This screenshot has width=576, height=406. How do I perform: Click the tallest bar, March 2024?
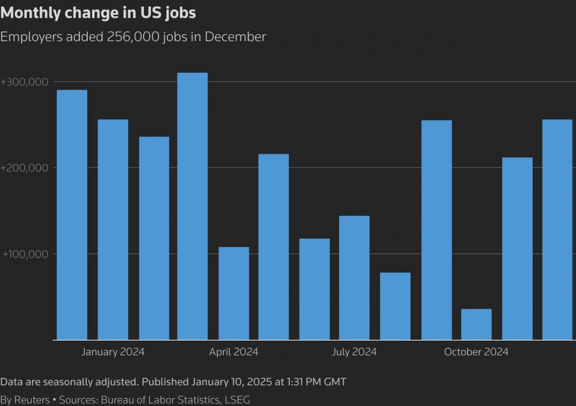tap(192, 207)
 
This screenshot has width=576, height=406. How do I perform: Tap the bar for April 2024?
tap(234, 293)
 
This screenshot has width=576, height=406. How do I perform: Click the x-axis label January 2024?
tap(113, 352)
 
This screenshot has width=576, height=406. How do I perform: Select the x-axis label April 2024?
tap(234, 352)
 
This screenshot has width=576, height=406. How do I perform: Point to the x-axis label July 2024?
tap(354, 352)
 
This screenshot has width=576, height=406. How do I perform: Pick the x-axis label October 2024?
tap(476, 352)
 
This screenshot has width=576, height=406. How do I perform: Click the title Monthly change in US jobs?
tap(98, 13)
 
